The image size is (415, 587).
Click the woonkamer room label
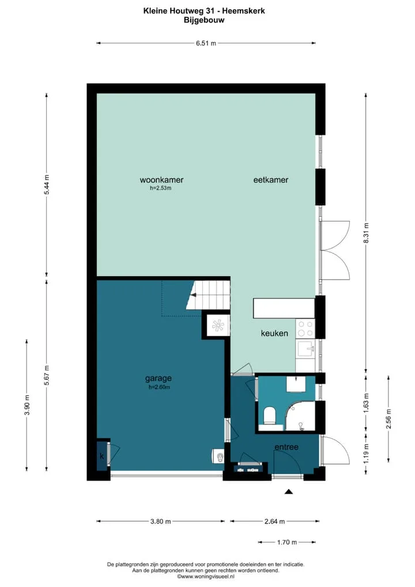pyautogui.click(x=161, y=180)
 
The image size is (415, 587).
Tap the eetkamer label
pyautogui.click(x=270, y=180)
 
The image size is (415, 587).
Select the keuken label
pyautogui.click(x=274, y=333)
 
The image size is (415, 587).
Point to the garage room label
pyautogui.click(x=159, y=378)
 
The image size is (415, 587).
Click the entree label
pyautogui.click(x=286, y=447)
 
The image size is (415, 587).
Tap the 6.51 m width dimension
pyautogui.click(x=206, y=43)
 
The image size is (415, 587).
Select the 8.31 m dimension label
pyautogui.click(x=366, y=233)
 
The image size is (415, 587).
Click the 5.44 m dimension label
pyautogui.click(x=47, y=185)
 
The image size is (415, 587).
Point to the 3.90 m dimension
pyautogui.click(x=27, y=405)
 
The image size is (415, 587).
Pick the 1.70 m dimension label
pyautogui.click(x=287, y=541)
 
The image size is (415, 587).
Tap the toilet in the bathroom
pyautogui.click(x=269, y=416)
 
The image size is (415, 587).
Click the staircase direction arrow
pyautogui.click(x=194, y=295)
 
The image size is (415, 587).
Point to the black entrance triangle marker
pyautogui.click(x=288, y=491)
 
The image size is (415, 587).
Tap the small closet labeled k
pyautogui.click(x=102, y=456)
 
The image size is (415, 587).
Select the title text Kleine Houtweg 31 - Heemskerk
pyautogui.click(x=204, y=11)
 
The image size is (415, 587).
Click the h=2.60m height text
pyautogui.click(x=159, y=387)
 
